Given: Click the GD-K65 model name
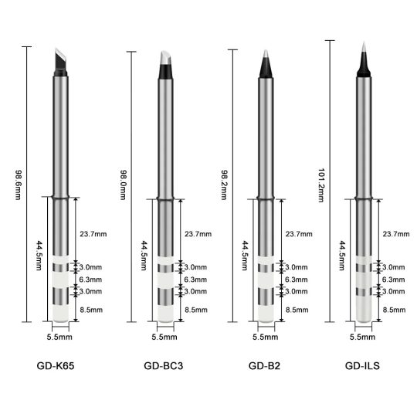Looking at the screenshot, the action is (56, 366).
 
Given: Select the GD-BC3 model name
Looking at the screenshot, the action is (163, 366).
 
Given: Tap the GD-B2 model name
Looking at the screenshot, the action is (264, 366).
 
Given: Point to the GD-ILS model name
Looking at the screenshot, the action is (362, 366).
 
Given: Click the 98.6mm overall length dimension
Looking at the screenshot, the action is (18, 185).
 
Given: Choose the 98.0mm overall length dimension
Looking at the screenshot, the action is (123, 185).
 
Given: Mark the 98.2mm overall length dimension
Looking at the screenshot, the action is (224, 185).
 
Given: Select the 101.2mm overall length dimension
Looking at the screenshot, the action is (321, 185).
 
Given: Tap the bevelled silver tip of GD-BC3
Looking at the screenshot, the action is (165, 58).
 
